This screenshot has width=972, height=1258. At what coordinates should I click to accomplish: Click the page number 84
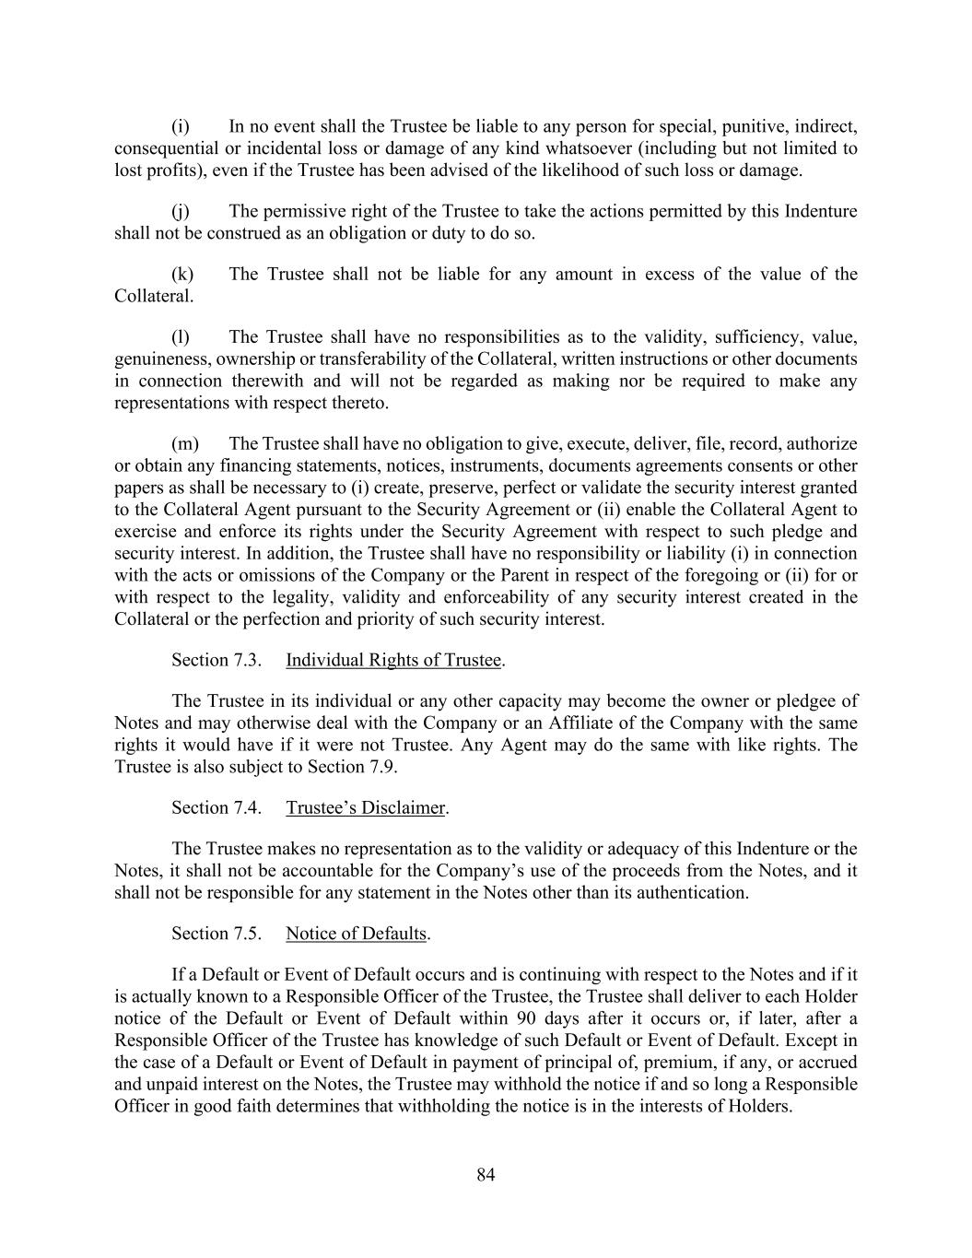pyautogui.click(x=486, y=1174)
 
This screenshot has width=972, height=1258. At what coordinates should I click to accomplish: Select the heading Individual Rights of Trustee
pyautogui.click(x=393, y=660)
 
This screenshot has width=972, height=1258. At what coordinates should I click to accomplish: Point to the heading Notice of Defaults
pyautogui.click(x=356, y=934)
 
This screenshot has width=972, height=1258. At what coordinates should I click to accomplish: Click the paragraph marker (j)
pyautogui.click(x=181, y=212)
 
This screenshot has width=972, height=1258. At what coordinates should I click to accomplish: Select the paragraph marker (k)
pyautogui.click(x=182, y=274)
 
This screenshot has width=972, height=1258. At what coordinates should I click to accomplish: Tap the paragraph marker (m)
pyautogui.click(x=184, y=443)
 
